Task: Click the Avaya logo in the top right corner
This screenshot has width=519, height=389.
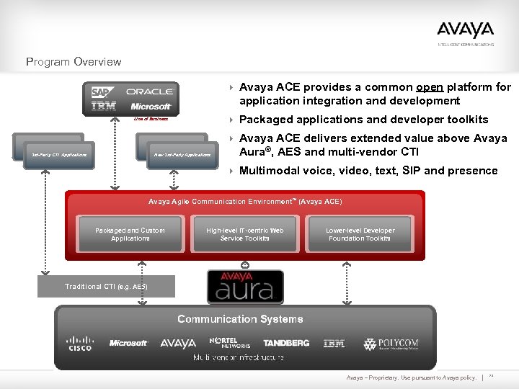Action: [x=465, y=31]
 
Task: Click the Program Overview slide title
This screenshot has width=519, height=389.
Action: [x=74, y=62]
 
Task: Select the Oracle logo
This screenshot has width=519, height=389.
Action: [x=150, y=91]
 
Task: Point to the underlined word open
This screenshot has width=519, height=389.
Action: [x=430, y=87]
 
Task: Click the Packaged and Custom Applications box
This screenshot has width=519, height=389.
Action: [x=130, y=235]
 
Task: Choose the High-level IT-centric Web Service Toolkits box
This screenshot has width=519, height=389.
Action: [x=245, y=235]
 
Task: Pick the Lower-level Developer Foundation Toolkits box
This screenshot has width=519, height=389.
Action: [x=360, y=235]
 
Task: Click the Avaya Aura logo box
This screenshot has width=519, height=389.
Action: [x=245, y=286]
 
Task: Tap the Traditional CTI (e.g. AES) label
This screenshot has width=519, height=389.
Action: [x=107, y=287]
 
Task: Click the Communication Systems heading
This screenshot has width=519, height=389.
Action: [x=240, y=319]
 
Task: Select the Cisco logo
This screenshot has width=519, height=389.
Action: [x=79, y=343]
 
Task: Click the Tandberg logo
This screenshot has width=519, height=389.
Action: [x=286, y=343]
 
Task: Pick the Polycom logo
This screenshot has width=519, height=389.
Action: [x=390, y=344]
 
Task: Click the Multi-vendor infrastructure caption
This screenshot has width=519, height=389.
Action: [x=239, y=357]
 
